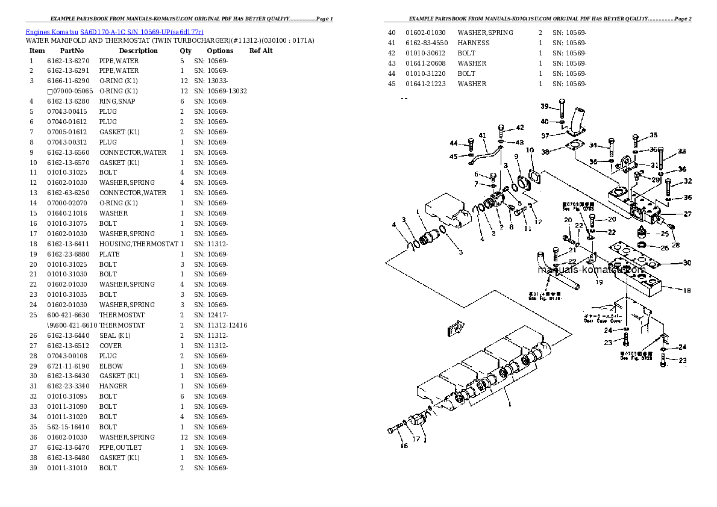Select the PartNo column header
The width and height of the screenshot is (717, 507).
coord(72,51)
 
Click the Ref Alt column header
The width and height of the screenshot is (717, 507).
coord(261,51)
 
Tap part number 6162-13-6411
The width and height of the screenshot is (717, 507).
coord(67,244)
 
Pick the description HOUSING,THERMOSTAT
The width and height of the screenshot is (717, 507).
coord(138,244)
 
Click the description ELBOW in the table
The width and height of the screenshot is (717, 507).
coord(111,366)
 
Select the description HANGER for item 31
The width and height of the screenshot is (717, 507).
coord(113,387)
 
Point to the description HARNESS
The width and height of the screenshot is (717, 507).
coord(473,43)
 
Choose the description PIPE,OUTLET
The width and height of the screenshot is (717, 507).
coord(121,447)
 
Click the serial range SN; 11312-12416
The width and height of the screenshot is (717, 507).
coord(221,325)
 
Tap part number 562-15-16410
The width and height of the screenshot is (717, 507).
coord(67,427)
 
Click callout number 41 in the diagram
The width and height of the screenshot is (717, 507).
coord(482,135)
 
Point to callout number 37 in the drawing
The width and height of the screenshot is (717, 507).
coord(545,135)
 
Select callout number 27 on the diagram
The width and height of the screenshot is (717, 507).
coord(687,214)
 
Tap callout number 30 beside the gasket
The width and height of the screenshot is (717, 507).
coord(687,263)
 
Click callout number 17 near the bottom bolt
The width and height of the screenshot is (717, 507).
coord(416,438)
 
